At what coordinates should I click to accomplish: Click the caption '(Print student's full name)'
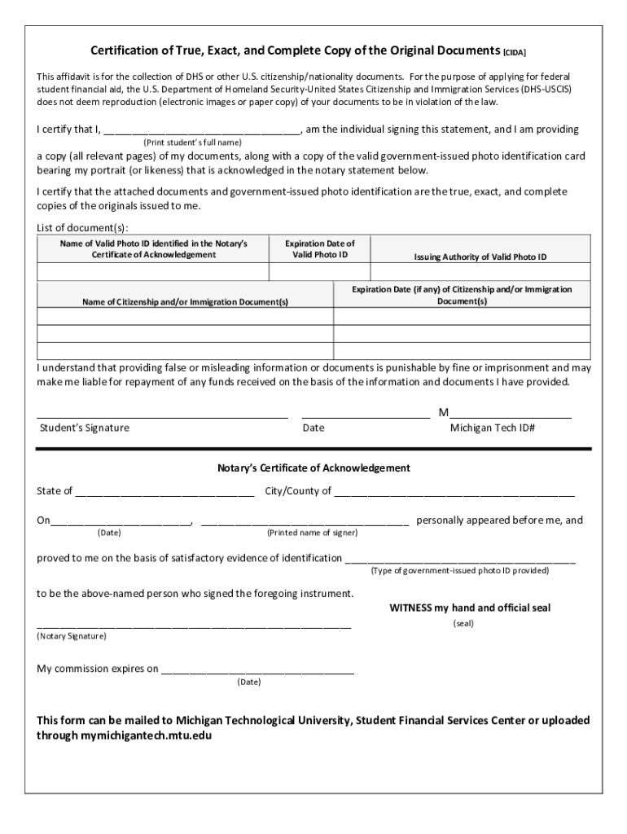186,142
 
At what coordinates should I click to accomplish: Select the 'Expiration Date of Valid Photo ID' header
320,249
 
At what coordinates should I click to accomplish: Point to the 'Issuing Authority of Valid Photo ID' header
480,257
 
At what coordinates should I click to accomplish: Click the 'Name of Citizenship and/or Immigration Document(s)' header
186,302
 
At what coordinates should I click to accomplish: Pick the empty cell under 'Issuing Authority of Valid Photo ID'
480,272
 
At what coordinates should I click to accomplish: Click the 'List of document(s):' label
82,227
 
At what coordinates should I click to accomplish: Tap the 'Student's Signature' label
85,428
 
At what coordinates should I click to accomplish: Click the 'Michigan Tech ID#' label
492,428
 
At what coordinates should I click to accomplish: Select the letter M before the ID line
444,413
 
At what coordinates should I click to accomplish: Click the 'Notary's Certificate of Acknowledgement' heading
313,468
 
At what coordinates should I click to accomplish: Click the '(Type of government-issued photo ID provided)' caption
460,571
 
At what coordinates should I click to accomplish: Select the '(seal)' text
463,624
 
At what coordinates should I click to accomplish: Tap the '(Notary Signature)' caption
72,635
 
